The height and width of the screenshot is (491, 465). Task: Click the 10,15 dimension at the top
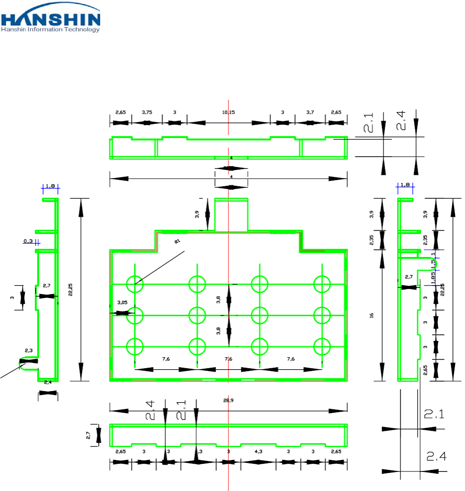point(228,112)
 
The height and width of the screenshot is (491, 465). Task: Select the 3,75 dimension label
point(147,112)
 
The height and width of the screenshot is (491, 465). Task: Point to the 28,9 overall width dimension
point(228,401)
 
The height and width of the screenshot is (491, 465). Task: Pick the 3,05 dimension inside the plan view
point(123,302)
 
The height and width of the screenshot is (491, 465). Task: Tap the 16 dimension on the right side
point(372,315)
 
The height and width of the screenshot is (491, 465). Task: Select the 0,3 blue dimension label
point(28,241)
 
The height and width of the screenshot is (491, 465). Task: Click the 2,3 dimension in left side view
point(30,351)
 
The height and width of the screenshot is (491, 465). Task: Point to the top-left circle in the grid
point(134,284)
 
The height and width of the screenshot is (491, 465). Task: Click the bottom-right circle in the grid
point(322,346)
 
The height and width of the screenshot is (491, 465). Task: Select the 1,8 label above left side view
point(51,185)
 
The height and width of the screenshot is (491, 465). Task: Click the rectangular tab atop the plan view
point(231,214)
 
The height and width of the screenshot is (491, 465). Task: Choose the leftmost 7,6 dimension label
point(165,359)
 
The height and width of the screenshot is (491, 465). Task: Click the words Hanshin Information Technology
point(51,29)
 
